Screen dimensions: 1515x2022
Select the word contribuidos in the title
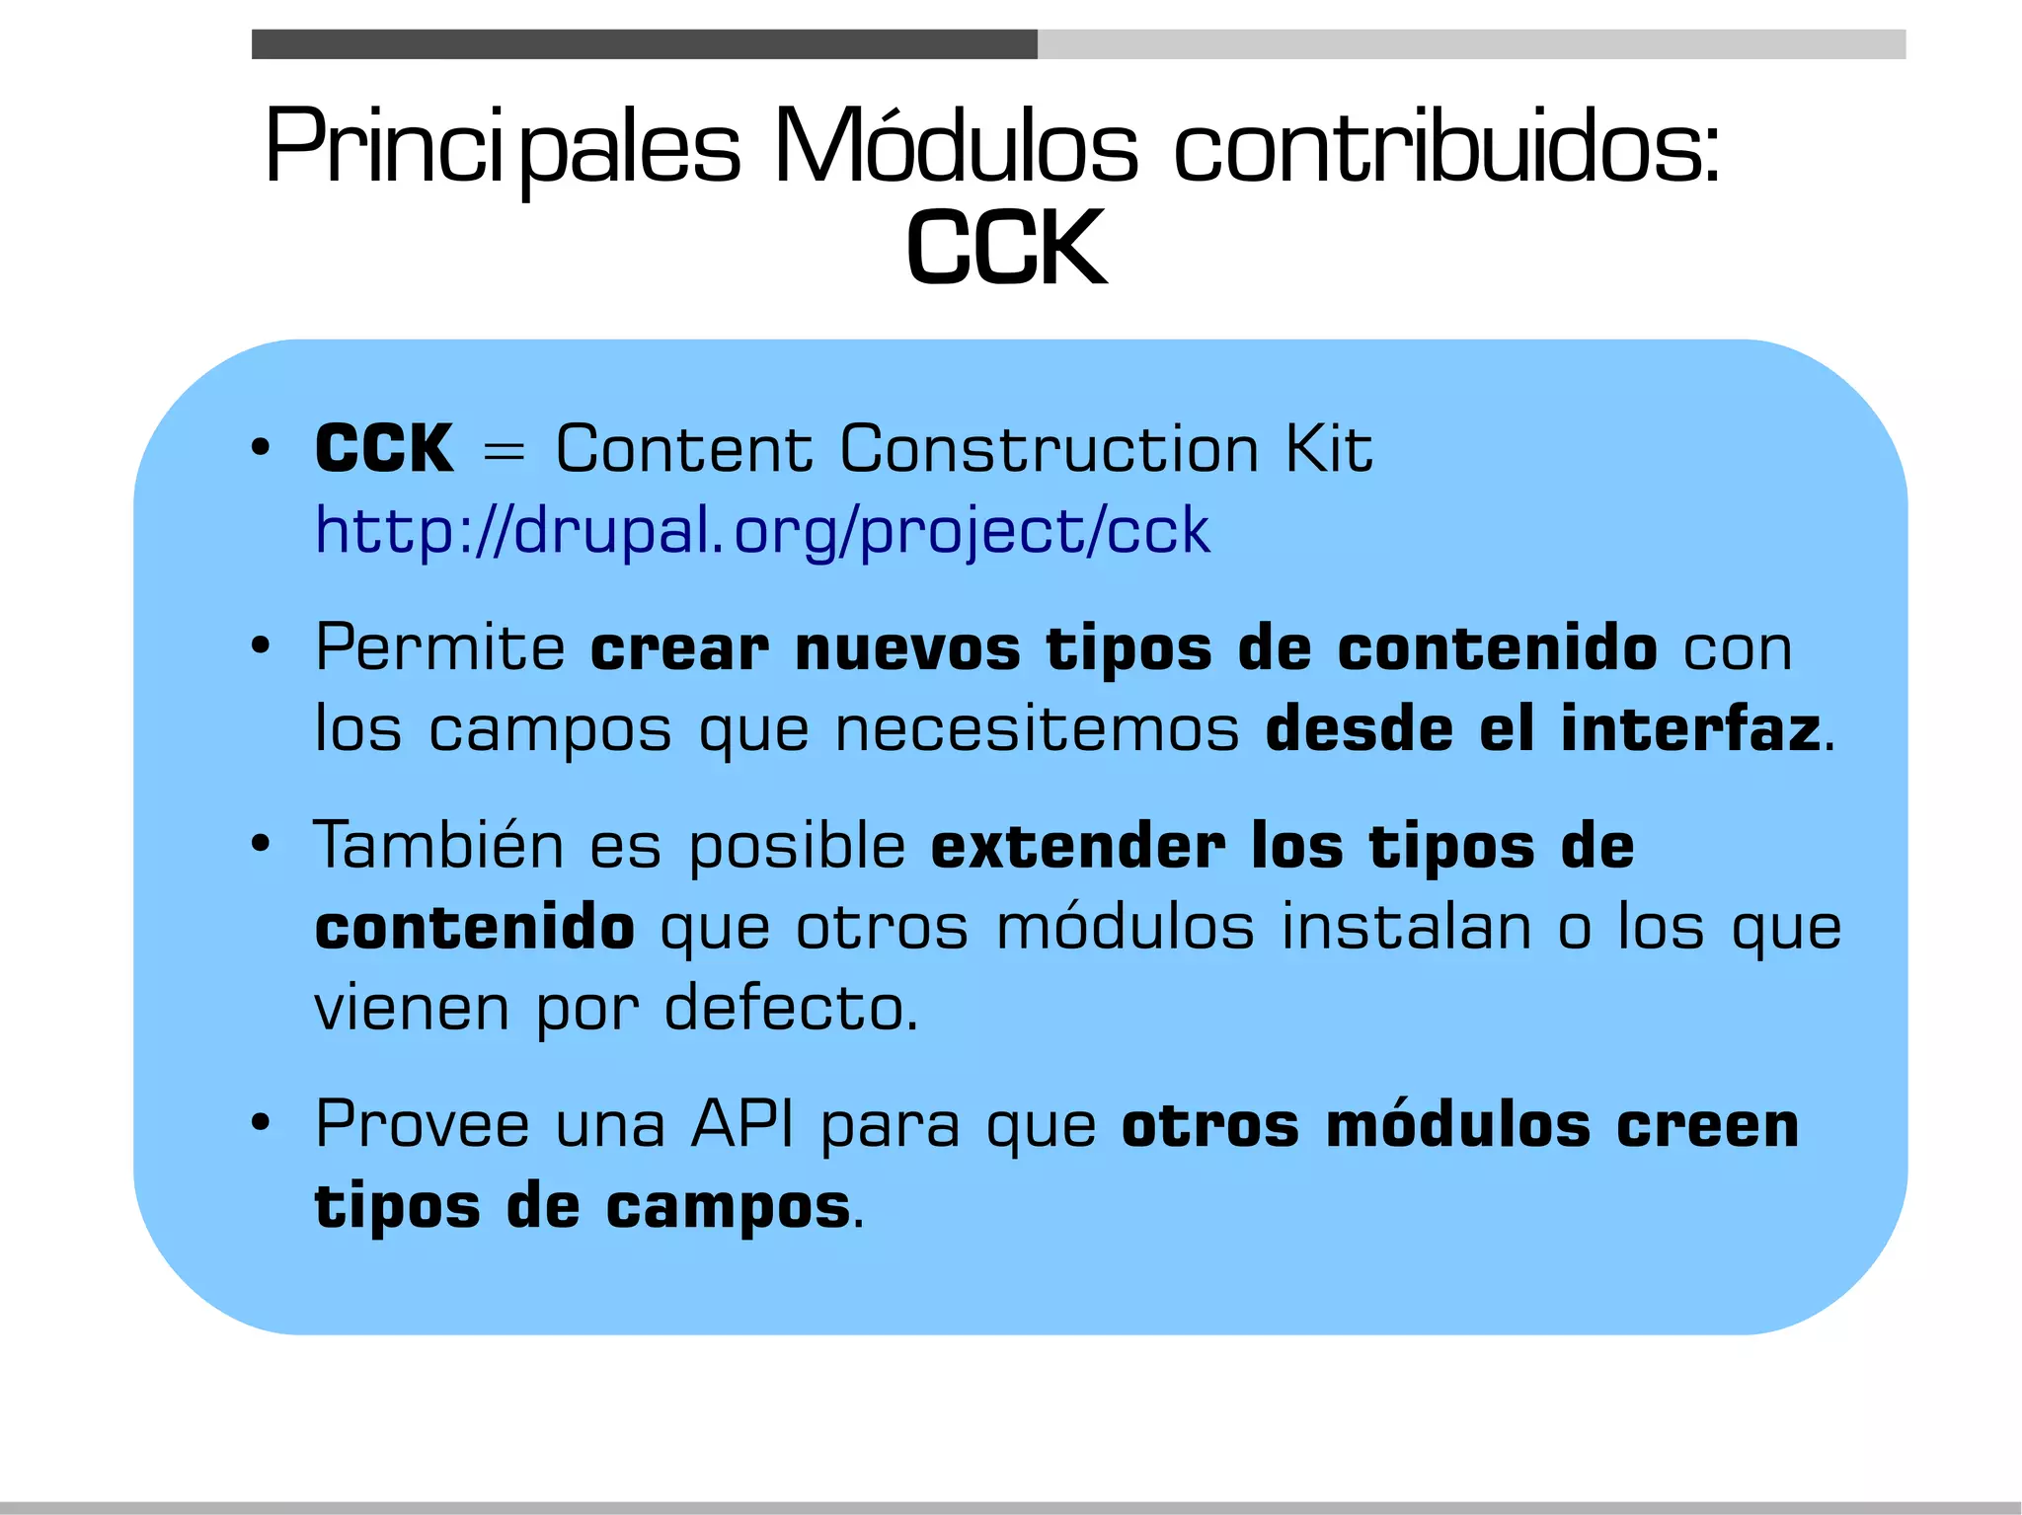point(1446,148)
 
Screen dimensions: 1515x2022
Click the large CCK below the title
point(1006,248)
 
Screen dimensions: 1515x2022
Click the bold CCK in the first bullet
point(384,449)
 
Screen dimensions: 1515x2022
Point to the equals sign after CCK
point(504,453)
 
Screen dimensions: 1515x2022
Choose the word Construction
point(1050,449)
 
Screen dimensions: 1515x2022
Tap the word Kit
point(1328,449)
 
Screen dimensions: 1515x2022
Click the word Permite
point(440,648)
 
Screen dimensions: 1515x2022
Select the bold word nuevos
point(907,649)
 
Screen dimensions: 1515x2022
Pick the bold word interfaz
point(1690,729)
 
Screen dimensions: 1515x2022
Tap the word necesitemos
point(1037,730)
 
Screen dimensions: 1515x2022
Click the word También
point(438,846)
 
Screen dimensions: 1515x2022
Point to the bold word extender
point(1078,847)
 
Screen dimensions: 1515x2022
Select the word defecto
point(789,1009)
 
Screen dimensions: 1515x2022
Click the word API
point(742,1124)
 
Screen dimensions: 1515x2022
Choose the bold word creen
point(1707,1125)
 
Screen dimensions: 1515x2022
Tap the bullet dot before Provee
point(261,1124)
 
